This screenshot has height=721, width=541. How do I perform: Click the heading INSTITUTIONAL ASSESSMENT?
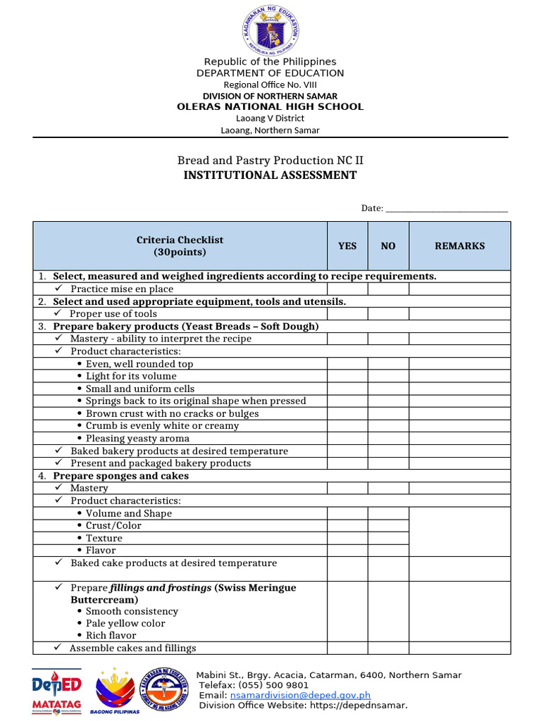[x=270, y=175]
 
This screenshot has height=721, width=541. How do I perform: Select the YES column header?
[x=347, y=246]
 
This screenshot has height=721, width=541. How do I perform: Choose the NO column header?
[x=388, y=246]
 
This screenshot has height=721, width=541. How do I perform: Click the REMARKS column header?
[x=459, y=246]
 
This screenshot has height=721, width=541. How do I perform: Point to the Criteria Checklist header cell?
[x=180, y=246]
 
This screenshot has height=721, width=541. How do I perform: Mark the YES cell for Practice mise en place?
[x=347, y=289]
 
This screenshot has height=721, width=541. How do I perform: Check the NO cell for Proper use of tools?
[x=388, y=314]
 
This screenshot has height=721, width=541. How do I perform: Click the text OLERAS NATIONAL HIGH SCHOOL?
[x=270, y=107]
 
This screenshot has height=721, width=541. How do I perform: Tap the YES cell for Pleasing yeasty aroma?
[x=347, y=439]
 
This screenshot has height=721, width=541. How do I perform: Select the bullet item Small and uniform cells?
[x=139, y=389]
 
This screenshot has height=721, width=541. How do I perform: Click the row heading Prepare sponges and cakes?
[x=120, y=476]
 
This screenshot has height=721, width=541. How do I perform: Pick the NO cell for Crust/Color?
[x=388, y=526]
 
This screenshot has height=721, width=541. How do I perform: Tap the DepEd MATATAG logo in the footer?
[x=56, y=691]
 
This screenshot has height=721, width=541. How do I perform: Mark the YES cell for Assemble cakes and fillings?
[x=347, y=648]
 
